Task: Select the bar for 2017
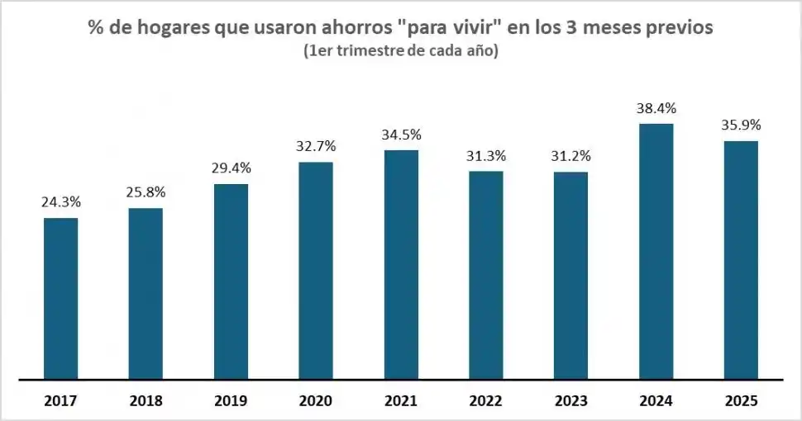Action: click(x=60, y=299)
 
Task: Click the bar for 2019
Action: click(x=231, y=281)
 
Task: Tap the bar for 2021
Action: click(x=401, y=265)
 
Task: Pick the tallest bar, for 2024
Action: click(x=656, y=252)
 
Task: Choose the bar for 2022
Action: click(x=485, y=276)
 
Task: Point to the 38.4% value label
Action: click(x=656, y=108)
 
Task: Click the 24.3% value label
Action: click(x=60, y=202)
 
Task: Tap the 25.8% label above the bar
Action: click(x=146, y=192)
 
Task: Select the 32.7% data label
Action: click(x=316, y=146)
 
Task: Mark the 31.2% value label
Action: click(x=570, y=156)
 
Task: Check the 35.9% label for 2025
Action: click(x=741, y=125)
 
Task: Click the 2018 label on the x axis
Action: click(x=146, y=401)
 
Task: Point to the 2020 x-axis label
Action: click(x=316, y=401)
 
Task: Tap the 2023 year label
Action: click(x=570, y=401)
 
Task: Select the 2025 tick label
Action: click(x=741, y=401)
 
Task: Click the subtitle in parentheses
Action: click(x=401, y=51)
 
